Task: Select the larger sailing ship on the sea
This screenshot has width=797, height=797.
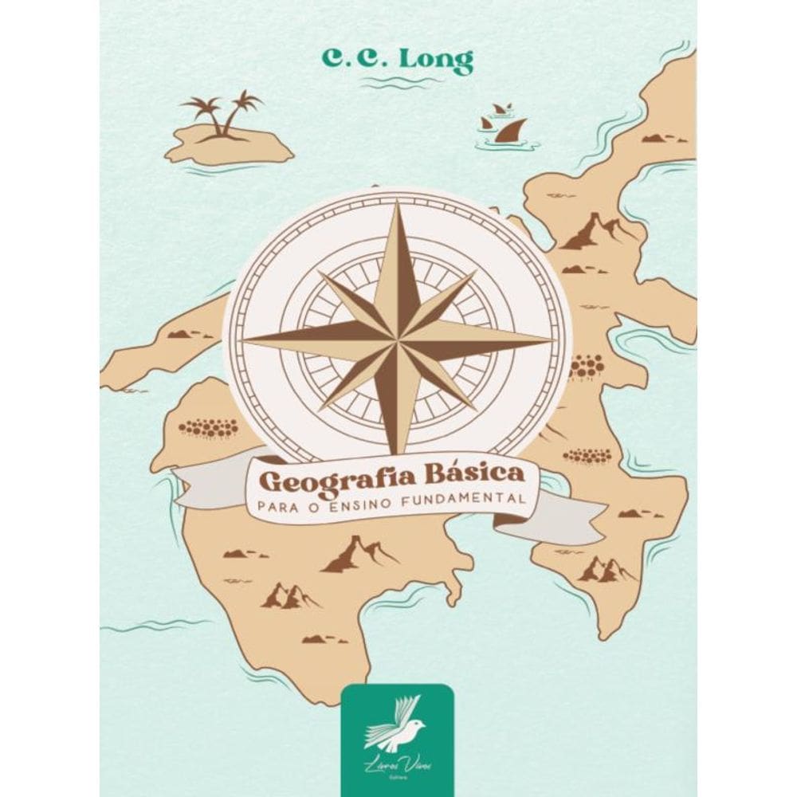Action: (x=508, y=130)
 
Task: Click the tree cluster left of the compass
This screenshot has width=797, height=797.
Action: (x=209, y=428)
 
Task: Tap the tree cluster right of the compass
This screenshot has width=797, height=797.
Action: (x=587, y=366)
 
